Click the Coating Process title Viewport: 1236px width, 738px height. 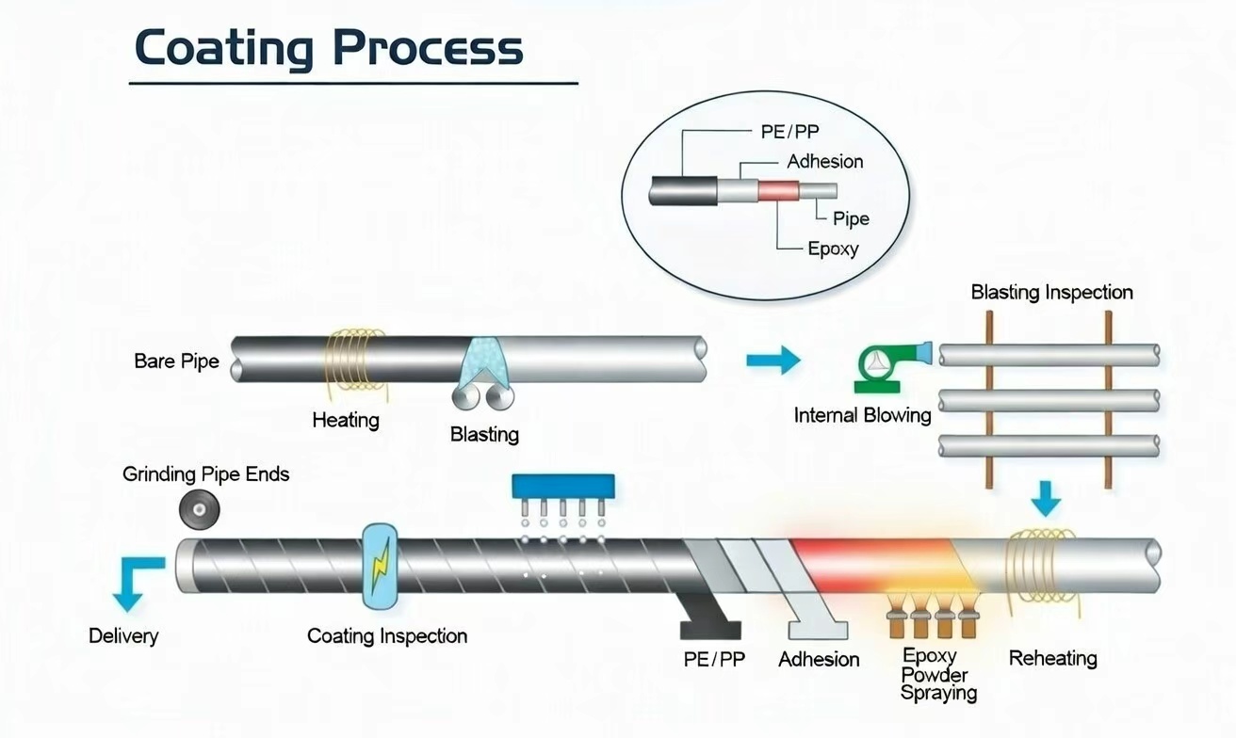pos(329,48)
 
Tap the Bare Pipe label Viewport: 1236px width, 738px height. pos(176,361)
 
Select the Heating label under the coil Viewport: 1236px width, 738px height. pos(346,420)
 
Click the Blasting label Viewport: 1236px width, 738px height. pos(484,434)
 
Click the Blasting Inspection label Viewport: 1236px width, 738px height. pos(1051,292)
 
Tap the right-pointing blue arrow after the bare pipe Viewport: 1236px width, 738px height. pos(772,359)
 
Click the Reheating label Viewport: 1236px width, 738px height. pos(1052,658)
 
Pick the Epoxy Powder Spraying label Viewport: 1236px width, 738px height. pos(937,674)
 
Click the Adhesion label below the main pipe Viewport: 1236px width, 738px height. pos(819,659)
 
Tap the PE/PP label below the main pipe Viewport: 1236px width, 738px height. pos(714,659)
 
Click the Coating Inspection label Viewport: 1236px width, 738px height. pos(387,636)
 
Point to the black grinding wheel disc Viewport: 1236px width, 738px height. pos(200,509)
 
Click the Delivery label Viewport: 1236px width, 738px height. pos(123,636)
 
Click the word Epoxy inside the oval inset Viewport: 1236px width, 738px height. pos(833,249)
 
